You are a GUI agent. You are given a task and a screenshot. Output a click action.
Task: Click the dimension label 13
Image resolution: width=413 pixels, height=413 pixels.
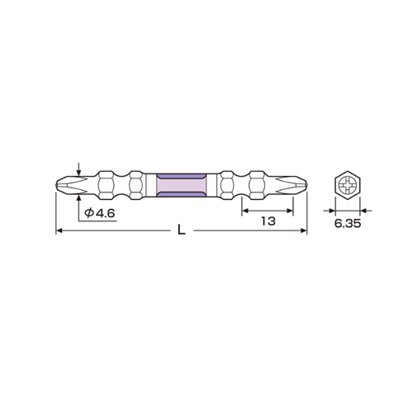coord(268,221)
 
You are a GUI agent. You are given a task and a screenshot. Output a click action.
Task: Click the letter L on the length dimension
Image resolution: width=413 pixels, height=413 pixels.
coord(181,230)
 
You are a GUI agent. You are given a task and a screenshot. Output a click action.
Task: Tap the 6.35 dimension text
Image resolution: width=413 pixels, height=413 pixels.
coord(348,223)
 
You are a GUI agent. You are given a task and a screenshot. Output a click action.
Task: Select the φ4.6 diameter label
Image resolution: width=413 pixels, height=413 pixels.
coord(99,213)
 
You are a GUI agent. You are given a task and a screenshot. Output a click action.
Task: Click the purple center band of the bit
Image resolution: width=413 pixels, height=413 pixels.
coord(181,185)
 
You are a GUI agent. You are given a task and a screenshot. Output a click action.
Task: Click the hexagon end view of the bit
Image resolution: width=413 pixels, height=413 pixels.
coord(348,185)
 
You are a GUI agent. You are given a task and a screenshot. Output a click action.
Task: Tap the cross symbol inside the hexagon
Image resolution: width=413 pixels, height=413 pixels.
coord(348,185)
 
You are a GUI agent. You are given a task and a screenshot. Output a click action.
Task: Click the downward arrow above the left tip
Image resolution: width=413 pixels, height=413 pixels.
coord(79,169)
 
